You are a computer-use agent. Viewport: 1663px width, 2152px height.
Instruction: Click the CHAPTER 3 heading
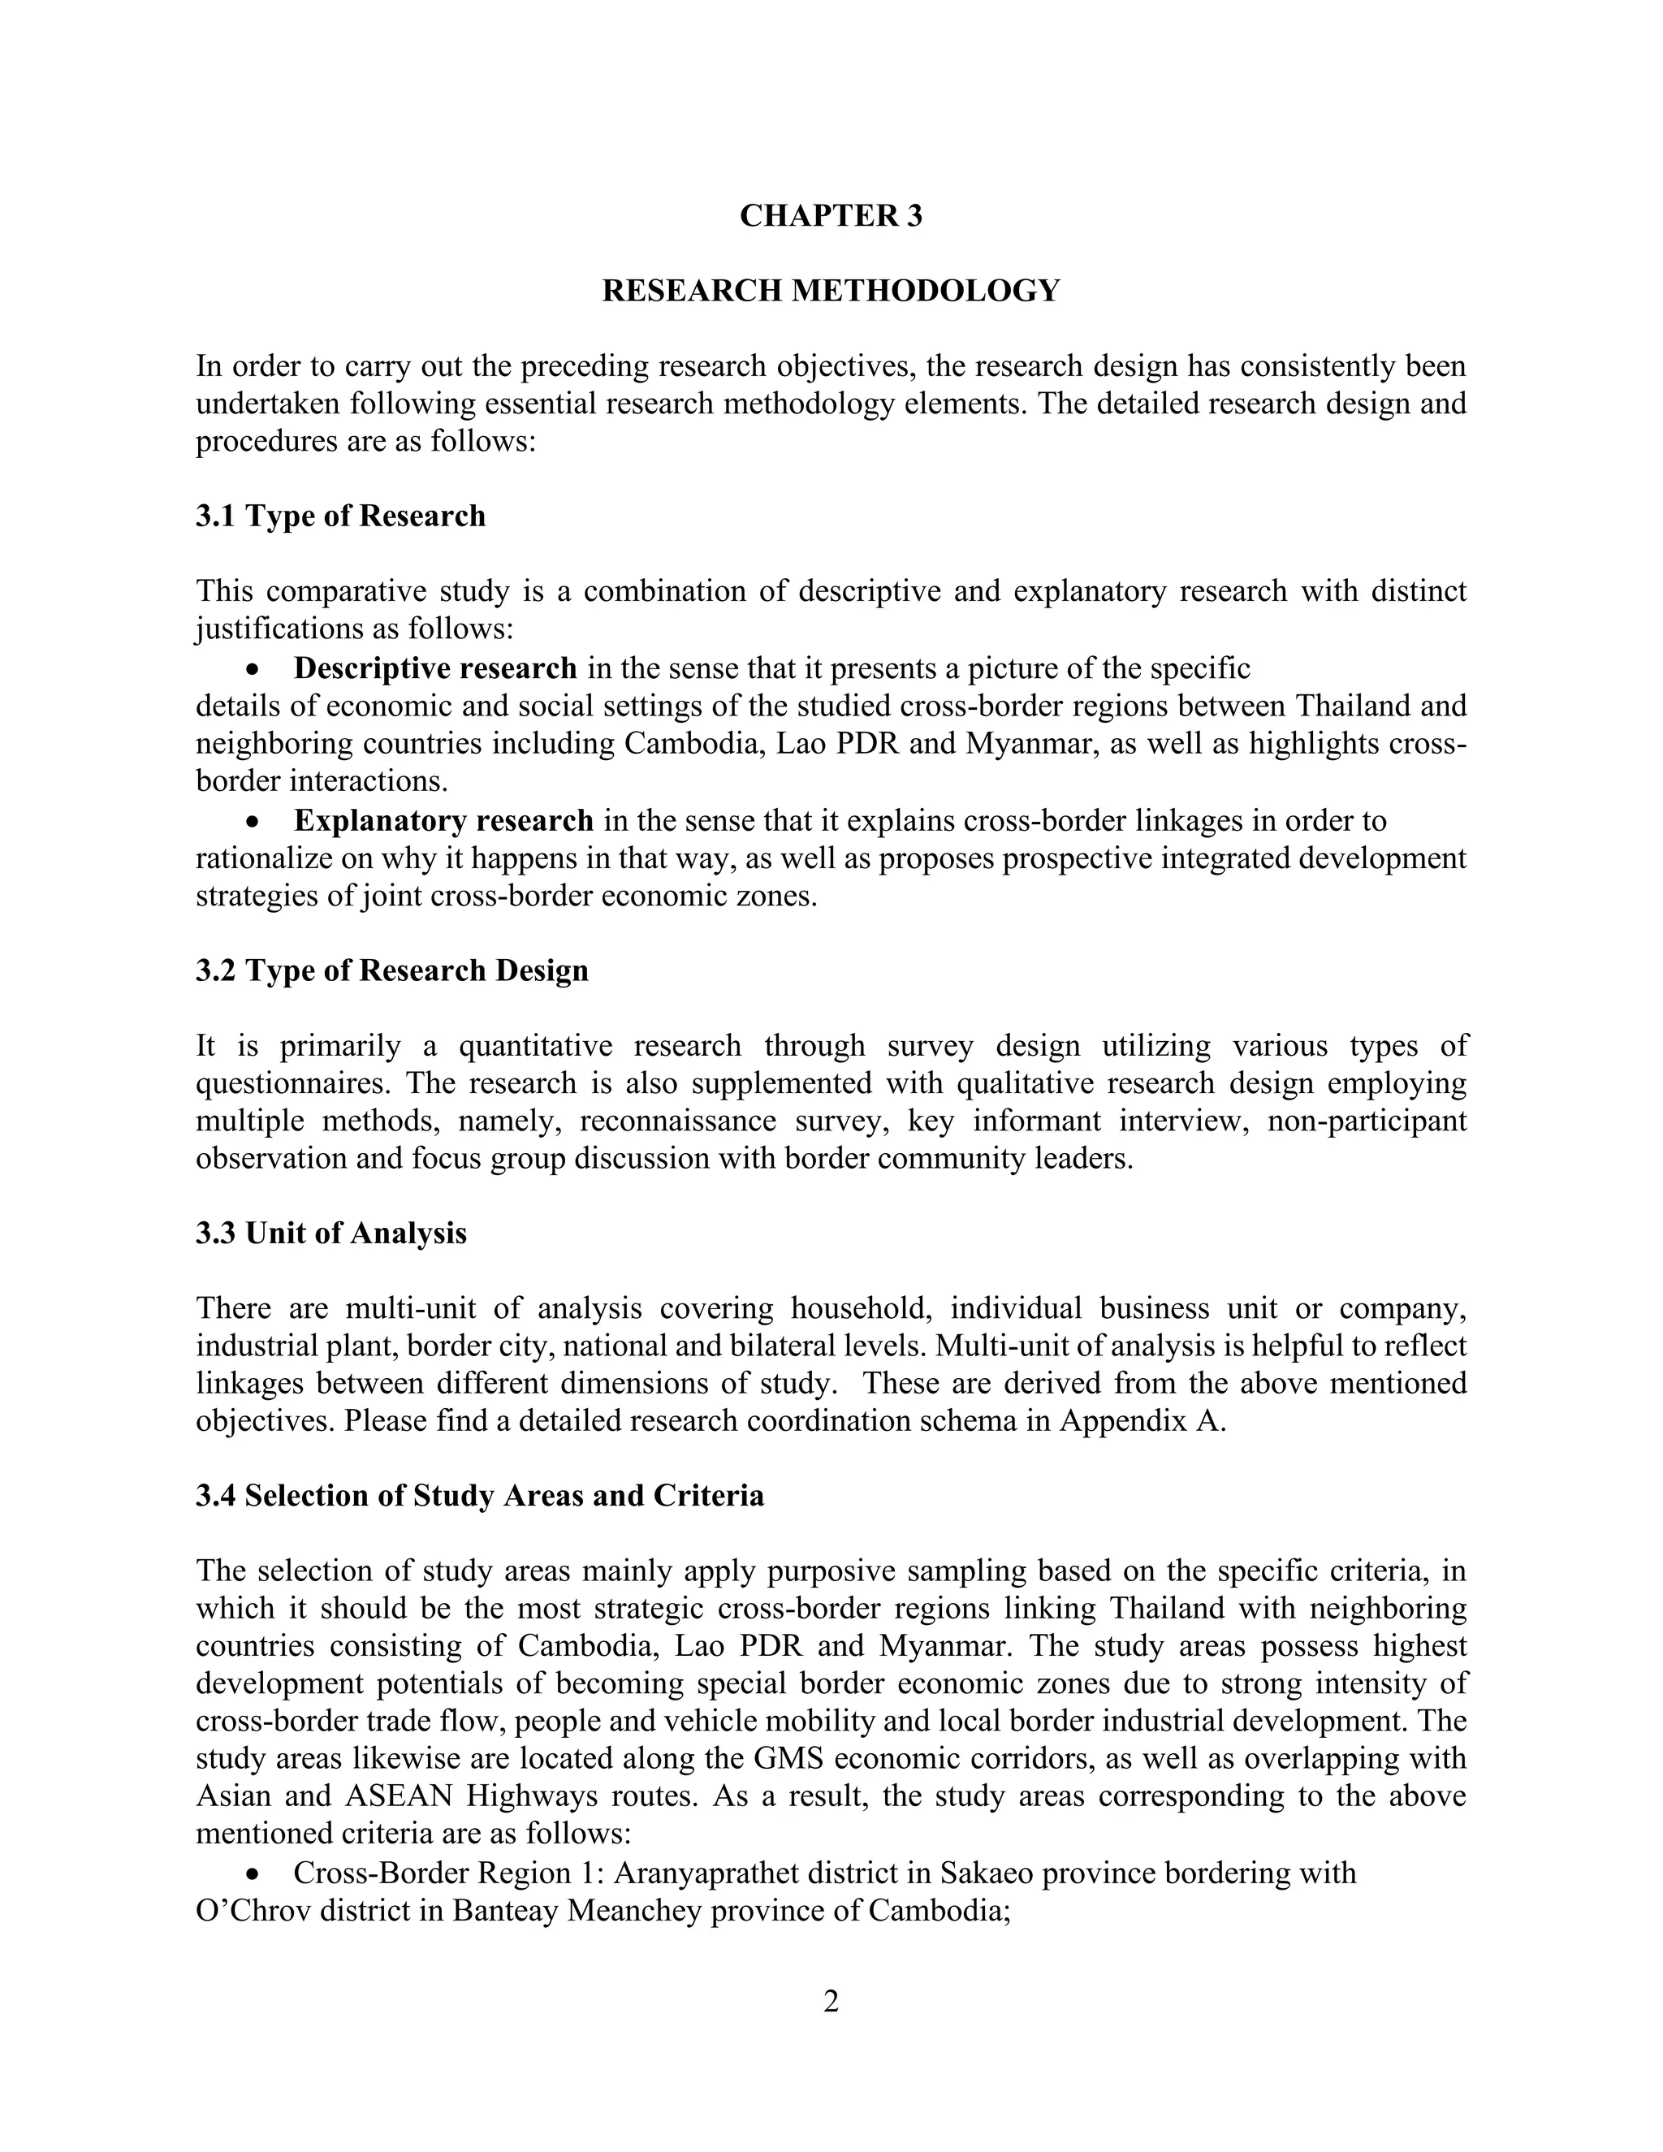831,216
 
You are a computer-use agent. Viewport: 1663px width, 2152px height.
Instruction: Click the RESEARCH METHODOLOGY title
831,291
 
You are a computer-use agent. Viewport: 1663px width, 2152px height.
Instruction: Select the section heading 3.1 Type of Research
340,516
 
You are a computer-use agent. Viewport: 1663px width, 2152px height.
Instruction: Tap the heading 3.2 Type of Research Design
391,970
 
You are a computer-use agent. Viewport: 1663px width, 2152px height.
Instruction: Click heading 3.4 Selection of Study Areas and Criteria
479,1496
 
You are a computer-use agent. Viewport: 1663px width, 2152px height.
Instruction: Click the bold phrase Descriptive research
434,669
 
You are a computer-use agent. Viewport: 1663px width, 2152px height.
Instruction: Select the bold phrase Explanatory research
443,821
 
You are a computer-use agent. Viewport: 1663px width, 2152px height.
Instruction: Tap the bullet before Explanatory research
254,822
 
